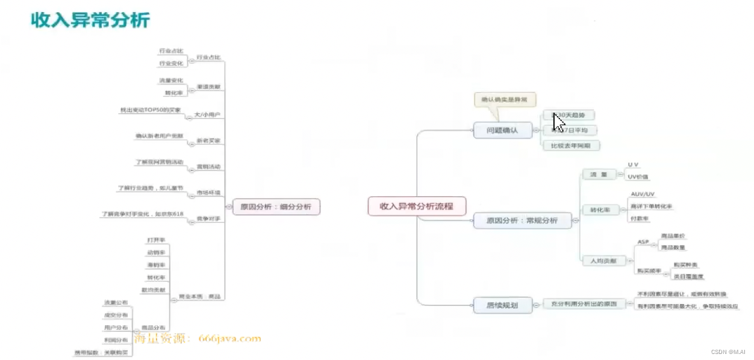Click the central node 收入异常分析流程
(417, 206)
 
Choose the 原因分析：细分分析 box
(276, 206)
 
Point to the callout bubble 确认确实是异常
(505, 100)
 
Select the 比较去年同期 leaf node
(571, 145)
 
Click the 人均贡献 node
(599, 261)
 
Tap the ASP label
(643, 241)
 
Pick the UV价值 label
(638, 177)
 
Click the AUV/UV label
(642, 194)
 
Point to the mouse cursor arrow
(558, 122)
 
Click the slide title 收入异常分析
(90, 20)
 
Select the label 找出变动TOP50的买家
(151, 110)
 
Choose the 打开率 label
(156, 240)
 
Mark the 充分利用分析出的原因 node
(584, 305)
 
